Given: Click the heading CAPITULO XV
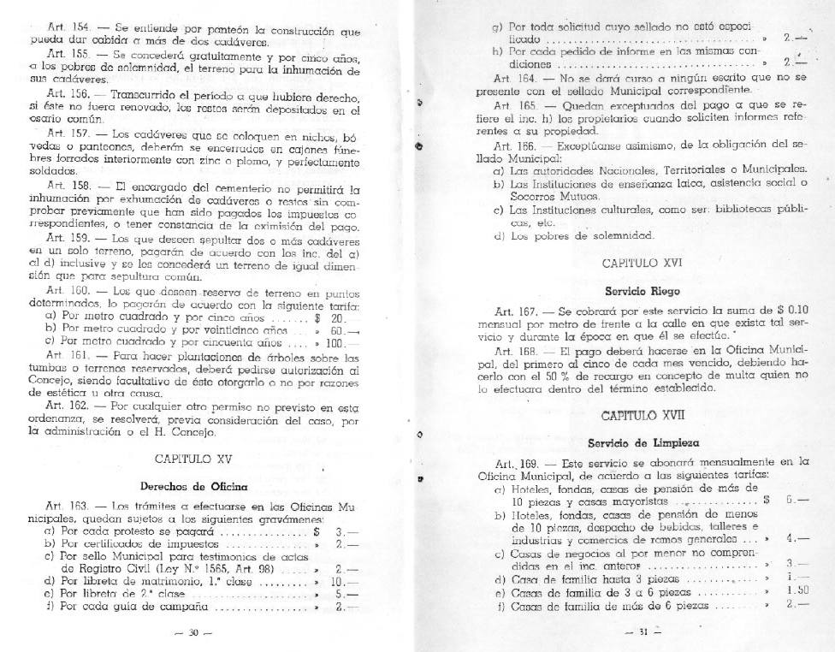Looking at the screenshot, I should click(189, 459).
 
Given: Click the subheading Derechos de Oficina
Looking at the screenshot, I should click(189, 485).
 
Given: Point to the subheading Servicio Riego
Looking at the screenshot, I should click(630, 290).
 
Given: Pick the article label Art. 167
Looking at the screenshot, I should click(514, 310).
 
